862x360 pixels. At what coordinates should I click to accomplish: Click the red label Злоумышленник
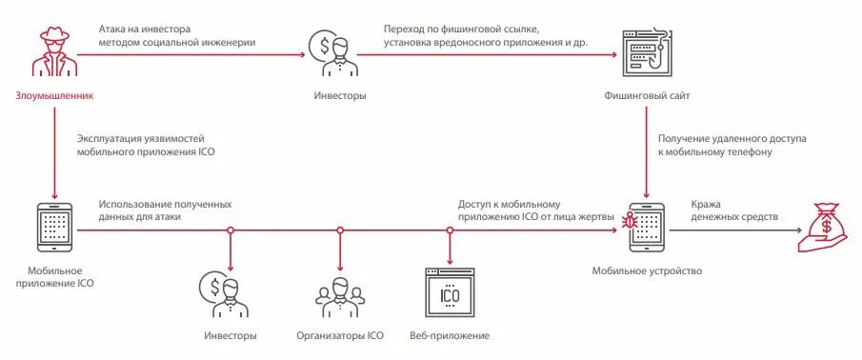[54, 96]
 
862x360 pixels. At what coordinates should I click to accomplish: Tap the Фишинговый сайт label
[648, 96]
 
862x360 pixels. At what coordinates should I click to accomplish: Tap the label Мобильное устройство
[647, 271]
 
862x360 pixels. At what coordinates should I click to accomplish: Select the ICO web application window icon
[451, 295]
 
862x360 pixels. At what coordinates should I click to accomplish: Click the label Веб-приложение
[450, 336]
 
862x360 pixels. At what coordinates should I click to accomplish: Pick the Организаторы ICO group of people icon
[339, 297]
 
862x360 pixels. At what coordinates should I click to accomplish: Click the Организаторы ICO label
[339, 336]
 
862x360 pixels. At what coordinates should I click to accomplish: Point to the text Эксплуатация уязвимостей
[140, 140]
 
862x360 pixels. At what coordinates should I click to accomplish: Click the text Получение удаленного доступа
[732, 139]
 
